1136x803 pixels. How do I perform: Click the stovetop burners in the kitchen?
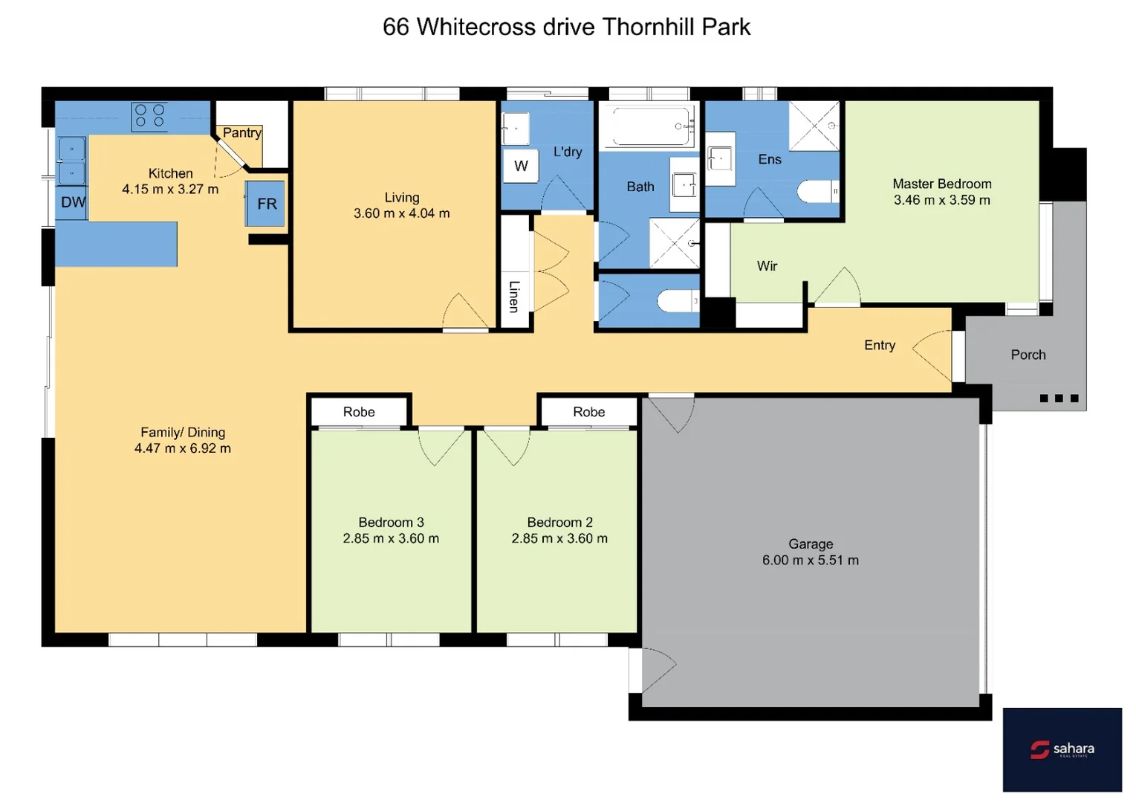(x=149, y=116)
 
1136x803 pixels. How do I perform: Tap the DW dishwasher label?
(x=73, y=202)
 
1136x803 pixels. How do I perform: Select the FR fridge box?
(x=266, y=204)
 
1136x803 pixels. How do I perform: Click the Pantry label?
(x=242, y=133)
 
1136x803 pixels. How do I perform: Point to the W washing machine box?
(x=521, y=166)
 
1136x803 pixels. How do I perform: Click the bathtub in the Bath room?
(x=647, y=126)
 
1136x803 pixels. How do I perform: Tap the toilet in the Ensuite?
(x=818, y=192)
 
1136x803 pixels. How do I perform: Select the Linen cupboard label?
(x=513, y=295)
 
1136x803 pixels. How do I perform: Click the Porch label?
(x=1028, y=355)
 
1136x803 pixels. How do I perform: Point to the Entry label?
(x=879, y=345)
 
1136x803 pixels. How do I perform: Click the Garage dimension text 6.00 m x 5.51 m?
(x=810, y=561)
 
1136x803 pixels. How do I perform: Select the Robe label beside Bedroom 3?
(x=359, y=412)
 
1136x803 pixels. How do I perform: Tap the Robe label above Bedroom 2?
(x=588, y=412)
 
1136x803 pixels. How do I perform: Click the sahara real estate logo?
(x=1062, y=749)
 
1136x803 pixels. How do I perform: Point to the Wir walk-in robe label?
(x=767, y=266)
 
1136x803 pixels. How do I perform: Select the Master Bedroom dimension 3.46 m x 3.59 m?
(x=941, y=200)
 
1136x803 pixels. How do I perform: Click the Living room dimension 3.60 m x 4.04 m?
(x=401, y=213)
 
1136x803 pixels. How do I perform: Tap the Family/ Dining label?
(x=183, y=432)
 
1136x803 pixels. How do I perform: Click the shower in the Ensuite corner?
(x=814, y=126)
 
